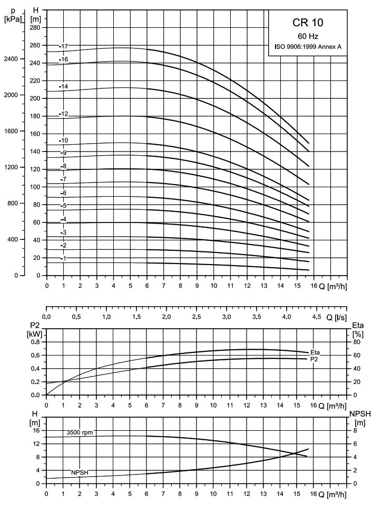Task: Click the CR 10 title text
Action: (308, 23)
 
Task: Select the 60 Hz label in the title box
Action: (308, 36)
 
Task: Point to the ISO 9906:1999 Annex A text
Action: (308, 47)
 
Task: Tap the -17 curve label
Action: (64, 46)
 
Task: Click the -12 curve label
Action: (64, 114)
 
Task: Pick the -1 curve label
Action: (64, 258)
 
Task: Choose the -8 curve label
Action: (64, 166)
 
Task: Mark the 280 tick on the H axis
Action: (35, 27)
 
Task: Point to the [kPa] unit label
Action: (13, 19)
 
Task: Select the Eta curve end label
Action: (315, 352)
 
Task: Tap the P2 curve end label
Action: (314, 359)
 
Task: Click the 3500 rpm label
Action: (80, 432)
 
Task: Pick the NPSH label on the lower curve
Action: (80, 472)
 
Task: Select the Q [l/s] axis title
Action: (336, 317)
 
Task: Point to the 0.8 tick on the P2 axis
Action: (35, 342)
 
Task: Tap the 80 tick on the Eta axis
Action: (356, 342)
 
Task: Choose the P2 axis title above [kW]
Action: (35, 325)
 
